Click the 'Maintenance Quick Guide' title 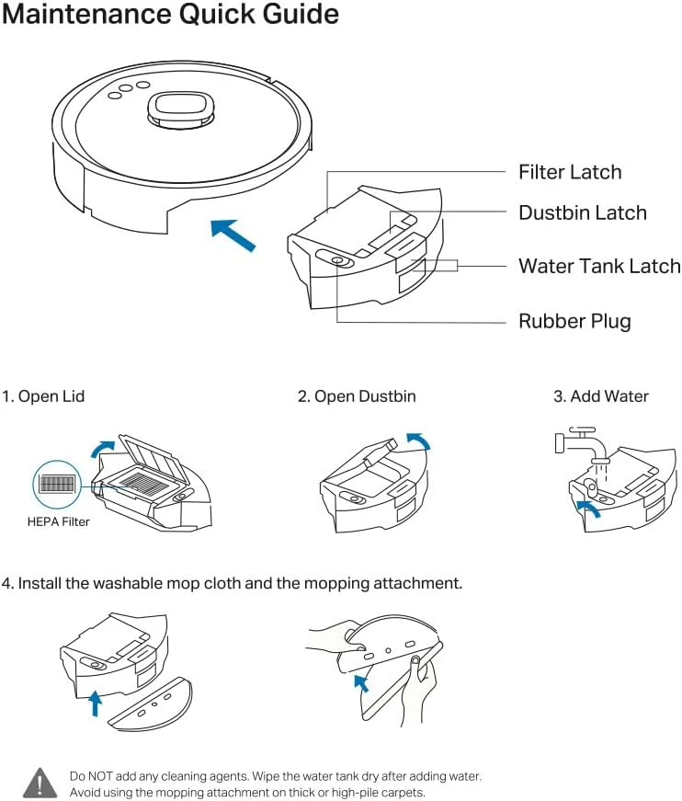[170, 16]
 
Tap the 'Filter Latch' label [569, 172]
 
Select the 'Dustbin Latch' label [582, 212]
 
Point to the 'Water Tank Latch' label [599, 266]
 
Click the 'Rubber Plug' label [574, 321]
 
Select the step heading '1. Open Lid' [43, 396]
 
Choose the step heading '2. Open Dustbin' [357, 396]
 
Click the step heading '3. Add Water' [600, 396]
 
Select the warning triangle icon [40, 783]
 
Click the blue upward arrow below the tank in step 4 [94, 704]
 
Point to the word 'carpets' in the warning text [398, 793]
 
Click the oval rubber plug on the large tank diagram [335, 260]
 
